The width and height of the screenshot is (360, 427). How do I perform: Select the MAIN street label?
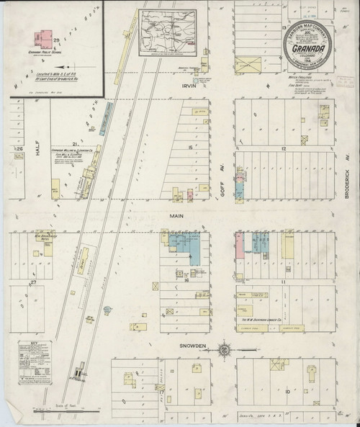pos(176,214)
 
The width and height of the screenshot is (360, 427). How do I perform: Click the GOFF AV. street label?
pos(223,186)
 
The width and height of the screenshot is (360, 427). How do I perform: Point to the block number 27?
pos(33,284)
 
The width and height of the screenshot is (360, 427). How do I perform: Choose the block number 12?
pos(285,147)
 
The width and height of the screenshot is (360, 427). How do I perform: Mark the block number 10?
pos(287,392)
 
